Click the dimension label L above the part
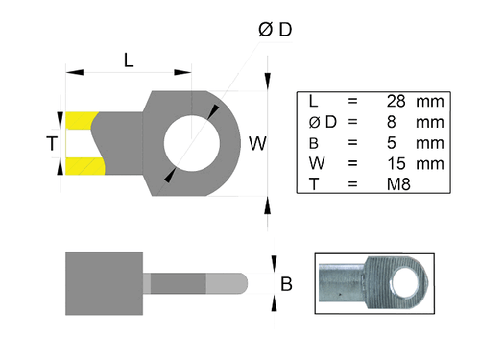[128, 60]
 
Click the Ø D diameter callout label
[275, 32]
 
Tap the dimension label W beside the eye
[257, 144]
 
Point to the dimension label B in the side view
[285, 284]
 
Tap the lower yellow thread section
[83, 167]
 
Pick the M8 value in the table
[395, 184]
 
